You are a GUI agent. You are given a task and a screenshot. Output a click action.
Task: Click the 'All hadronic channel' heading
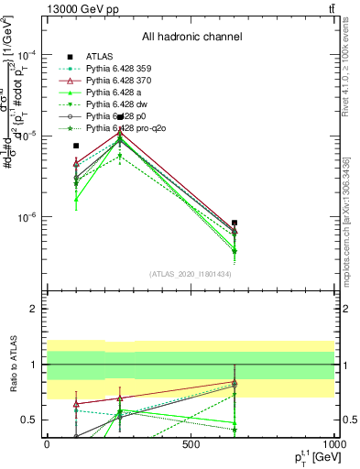[x=191, y=38]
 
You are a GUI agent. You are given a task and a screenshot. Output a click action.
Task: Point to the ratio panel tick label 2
[x=35, y=310]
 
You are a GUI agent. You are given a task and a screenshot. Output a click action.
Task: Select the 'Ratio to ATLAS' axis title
[x=12, y=364]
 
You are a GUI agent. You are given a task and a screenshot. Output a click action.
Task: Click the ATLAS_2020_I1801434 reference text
[x=191, y=275]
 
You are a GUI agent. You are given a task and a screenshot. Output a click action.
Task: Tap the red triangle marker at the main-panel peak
[x=120, y=130]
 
